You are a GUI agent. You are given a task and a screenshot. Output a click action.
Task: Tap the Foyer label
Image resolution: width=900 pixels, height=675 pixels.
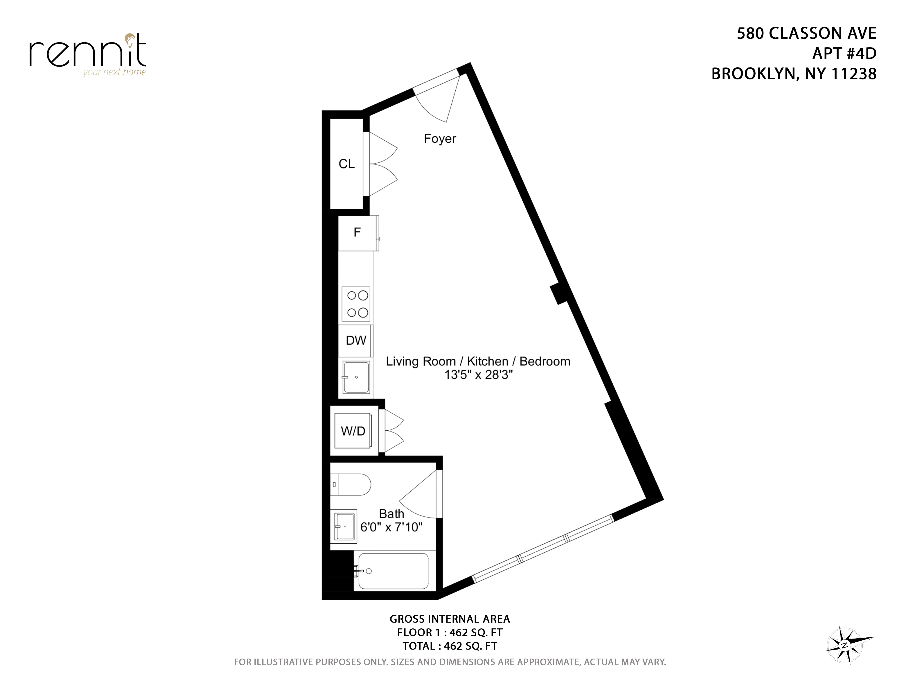tap(440, 139)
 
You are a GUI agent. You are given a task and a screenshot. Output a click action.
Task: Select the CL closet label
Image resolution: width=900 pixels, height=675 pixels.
tap(347, 164)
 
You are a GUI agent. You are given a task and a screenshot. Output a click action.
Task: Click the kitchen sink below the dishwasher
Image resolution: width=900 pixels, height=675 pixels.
tap(356, 377)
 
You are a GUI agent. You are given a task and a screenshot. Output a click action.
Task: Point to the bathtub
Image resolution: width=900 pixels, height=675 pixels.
tap(391, 571)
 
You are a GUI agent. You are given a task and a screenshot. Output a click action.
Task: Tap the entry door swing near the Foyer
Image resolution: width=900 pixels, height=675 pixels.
tap(437, 100)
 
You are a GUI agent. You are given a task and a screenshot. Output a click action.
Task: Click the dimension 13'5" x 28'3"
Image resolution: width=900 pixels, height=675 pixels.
tap(478, 375)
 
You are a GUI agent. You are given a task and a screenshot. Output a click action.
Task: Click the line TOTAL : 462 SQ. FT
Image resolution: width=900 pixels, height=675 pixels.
tap(450, 646)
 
